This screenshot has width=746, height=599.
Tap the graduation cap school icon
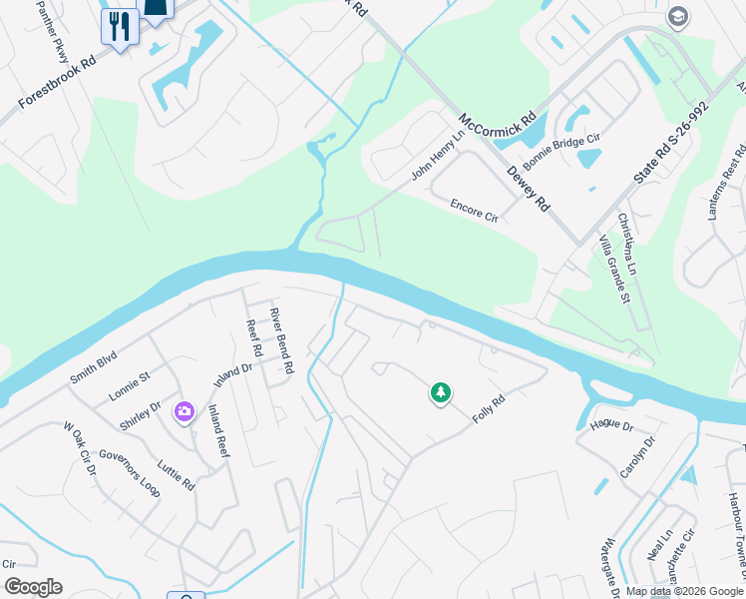[x=678, y=17]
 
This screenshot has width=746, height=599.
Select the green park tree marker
[x=440, y=393]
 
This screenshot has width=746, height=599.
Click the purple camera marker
[x=184, y=410]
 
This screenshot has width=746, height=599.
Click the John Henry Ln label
[x=439, y=155]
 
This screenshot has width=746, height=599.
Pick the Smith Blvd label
[x=93, y=367]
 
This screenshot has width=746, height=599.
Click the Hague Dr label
[x=611, y=425]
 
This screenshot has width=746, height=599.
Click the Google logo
[x=33, y=587]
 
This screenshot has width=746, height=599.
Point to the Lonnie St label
[x=130, y=383]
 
